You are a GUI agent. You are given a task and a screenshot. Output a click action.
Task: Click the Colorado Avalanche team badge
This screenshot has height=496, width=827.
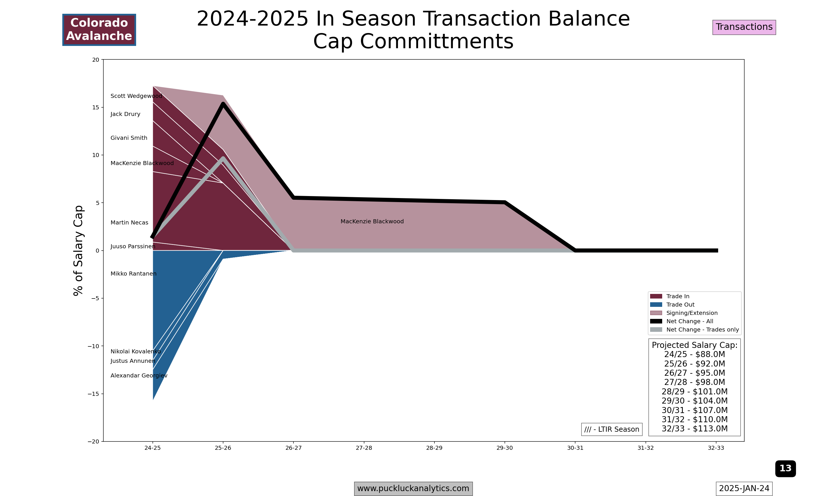tap(99, 30)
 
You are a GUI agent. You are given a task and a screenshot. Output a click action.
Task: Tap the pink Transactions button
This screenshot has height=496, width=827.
tap(744, 27)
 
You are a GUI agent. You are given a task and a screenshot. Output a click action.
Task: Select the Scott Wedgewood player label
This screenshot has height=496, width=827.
tap(136, 96)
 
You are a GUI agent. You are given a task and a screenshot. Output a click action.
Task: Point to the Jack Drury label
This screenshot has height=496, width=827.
tap(125, 114)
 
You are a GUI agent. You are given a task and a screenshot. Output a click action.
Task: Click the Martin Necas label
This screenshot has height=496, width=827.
tap(130, 223)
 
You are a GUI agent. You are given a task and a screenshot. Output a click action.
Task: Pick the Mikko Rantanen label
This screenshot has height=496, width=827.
tap(133, 274)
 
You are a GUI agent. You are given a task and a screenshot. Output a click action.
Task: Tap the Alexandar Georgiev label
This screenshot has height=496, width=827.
tap(139, 376)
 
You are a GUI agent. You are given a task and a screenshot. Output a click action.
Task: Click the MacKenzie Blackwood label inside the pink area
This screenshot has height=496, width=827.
tap(372, 222)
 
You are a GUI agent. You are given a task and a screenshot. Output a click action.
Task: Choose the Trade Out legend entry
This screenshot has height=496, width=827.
tap(680, 305)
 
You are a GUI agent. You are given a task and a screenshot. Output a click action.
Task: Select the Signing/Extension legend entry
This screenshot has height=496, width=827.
tap(692, 313)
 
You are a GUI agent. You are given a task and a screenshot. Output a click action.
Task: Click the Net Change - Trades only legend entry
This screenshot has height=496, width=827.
tap(702, 330)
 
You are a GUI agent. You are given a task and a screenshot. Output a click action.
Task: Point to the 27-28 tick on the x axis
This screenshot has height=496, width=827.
tap(364, 448)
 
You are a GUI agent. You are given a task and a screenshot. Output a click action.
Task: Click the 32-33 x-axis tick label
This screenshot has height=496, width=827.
tap(716, 448)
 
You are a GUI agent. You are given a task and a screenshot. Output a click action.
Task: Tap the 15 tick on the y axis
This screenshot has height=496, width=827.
tap(96, 107)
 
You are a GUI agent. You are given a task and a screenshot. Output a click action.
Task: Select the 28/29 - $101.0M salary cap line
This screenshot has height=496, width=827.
tap(694, 392)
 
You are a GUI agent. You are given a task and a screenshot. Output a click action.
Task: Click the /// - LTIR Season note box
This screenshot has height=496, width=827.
tap(611, 429)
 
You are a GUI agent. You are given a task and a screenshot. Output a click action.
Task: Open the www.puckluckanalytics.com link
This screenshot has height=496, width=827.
tap(413, 489)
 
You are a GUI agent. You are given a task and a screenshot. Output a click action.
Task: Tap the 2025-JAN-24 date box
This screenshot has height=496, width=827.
tap(744, 489)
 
